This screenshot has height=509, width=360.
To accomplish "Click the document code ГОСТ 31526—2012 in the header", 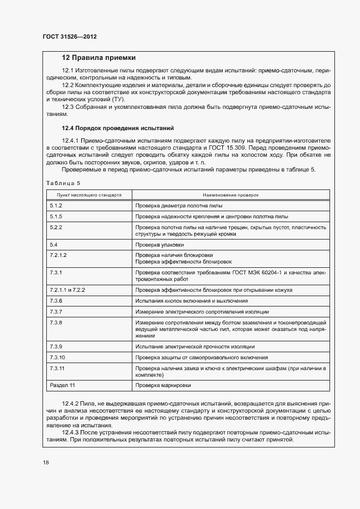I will [70, 38].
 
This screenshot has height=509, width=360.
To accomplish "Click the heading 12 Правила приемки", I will [99, 58].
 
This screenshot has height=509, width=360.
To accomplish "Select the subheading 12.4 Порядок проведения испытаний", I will [118, 128].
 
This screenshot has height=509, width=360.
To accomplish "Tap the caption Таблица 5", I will [63, 183].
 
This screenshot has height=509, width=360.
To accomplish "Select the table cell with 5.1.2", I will [56, 206].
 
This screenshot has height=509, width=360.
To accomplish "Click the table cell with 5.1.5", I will [56, 216].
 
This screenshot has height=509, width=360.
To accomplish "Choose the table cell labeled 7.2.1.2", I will [58, 255].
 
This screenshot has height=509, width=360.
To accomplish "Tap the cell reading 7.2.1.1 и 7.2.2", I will [68, 290].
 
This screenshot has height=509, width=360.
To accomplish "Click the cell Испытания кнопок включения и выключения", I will [192, 301].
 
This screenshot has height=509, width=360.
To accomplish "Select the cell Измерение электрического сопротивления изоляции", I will [202, 311].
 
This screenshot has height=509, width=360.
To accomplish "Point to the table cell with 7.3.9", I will [56, 347].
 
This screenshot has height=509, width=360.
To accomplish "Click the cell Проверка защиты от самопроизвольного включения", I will [202, 358].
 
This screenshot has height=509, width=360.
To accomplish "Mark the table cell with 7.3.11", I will [57, 369].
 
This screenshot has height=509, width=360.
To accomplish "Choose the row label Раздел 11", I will [62, 386].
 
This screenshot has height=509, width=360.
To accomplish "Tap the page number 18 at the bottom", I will [46, 463].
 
